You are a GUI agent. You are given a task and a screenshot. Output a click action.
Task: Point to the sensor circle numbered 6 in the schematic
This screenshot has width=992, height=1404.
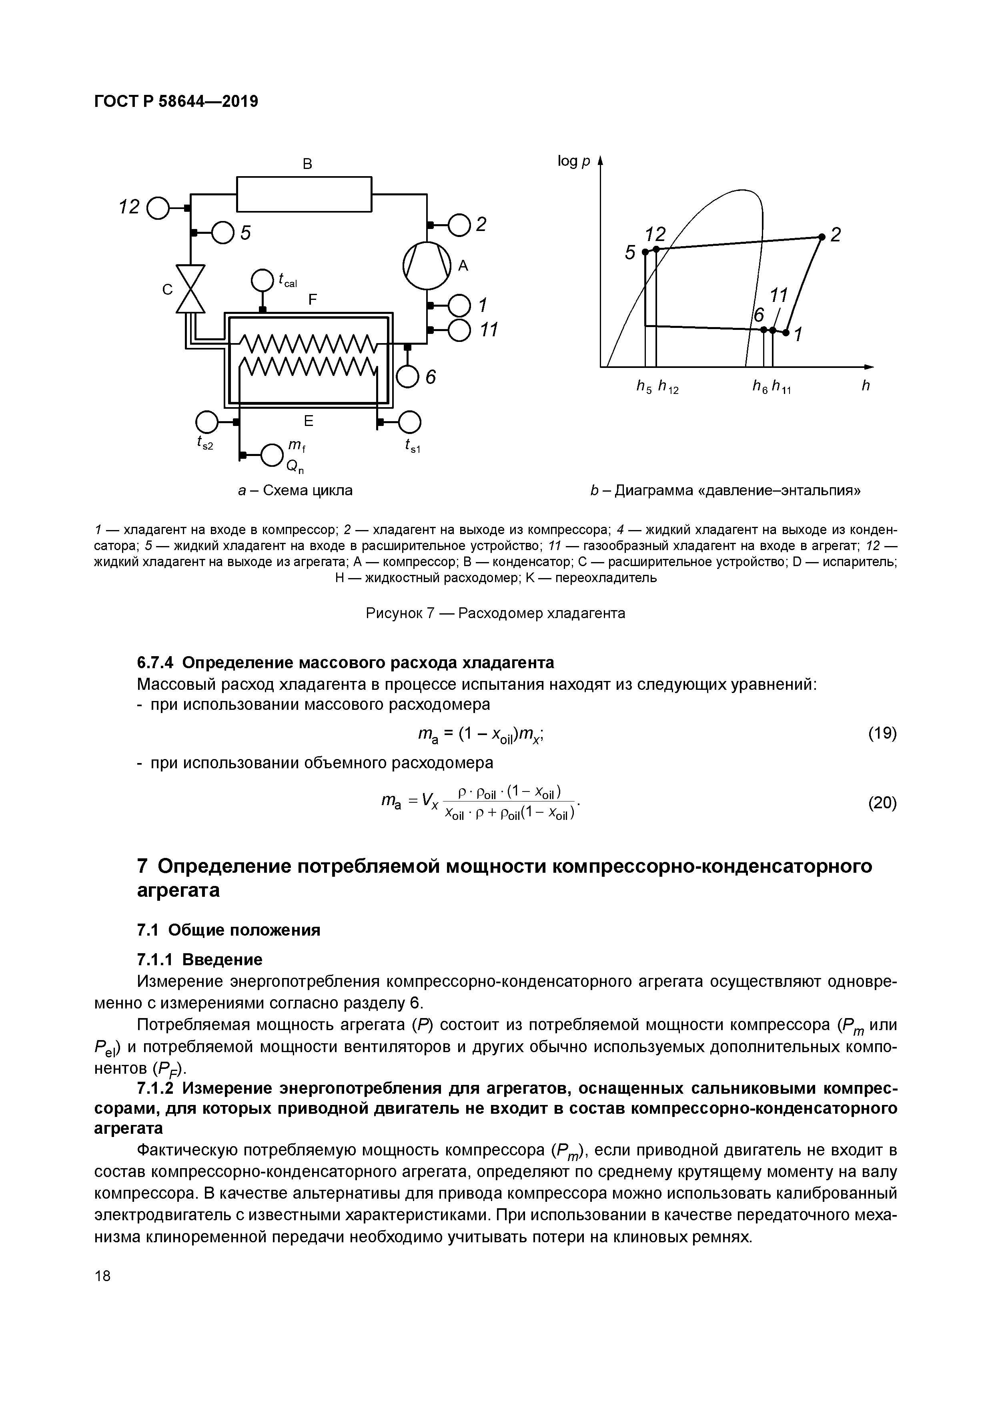[408, 376]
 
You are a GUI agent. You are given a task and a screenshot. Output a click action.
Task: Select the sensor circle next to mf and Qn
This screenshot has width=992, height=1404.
[271, 455]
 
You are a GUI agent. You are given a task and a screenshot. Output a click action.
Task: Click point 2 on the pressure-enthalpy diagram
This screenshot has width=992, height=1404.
[822, 237]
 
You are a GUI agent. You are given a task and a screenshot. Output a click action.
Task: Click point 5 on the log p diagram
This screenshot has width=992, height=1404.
[645, 251]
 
